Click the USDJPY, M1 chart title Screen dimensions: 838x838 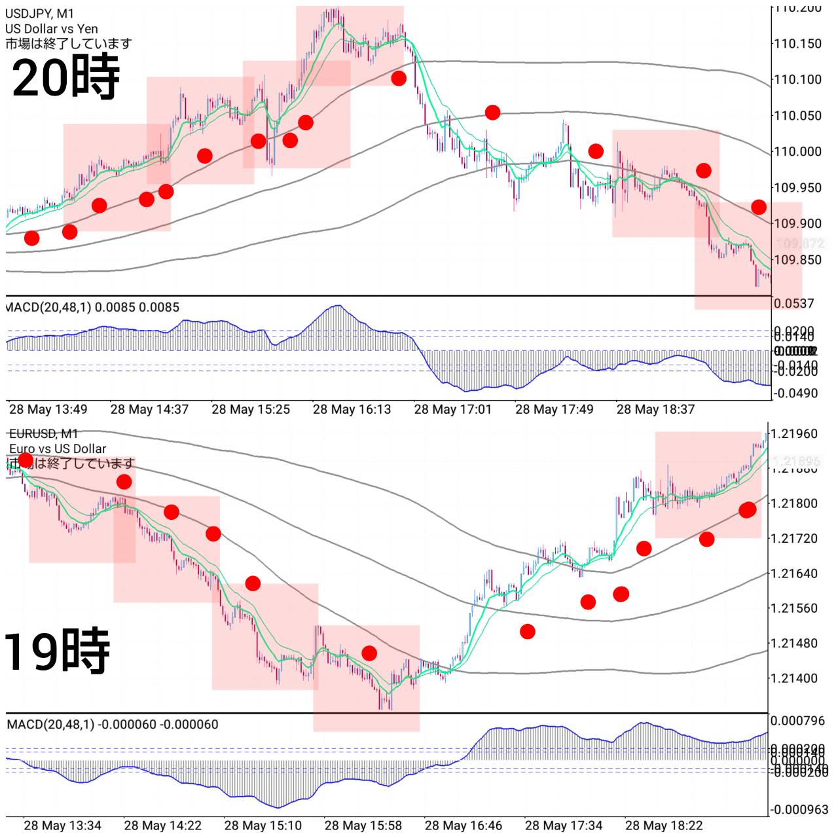39,14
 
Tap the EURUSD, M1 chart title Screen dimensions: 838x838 43,433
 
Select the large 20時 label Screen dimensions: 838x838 65,77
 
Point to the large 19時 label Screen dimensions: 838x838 56,651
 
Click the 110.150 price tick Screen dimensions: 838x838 797,44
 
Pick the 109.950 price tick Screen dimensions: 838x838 797,188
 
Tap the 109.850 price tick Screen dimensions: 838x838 797,260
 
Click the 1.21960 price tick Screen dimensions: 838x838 794,433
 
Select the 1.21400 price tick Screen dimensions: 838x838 794,678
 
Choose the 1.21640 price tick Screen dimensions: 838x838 794,574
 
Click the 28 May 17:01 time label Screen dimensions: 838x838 452,410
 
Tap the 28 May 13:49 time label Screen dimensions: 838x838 48,410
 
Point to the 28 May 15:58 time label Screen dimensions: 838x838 363,826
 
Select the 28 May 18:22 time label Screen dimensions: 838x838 664,826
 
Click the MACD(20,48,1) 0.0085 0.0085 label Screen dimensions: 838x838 92,307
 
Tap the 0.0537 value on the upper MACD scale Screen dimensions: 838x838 793,303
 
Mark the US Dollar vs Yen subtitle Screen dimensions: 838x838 51,29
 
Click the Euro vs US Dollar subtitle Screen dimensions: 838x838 58,448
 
